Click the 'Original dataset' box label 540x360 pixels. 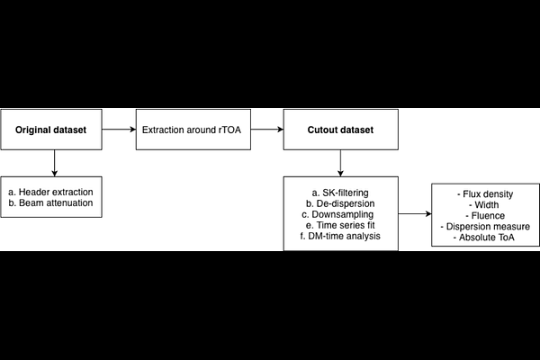(50, 130)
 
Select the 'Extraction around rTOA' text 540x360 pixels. (192, 130)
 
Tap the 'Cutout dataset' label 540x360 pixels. (340, 130)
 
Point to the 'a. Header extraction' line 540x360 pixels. (50, 192)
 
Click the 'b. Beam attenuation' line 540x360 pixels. (50, 202)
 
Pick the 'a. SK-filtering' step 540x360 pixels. (340, 193)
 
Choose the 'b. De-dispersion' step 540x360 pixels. (340, 203)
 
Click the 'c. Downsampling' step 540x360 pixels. (337, 214)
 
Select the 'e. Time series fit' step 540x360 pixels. (340, 225)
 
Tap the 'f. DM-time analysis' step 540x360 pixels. (340, 236)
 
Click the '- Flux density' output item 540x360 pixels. (485, 194)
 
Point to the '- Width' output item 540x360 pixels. (484, 205)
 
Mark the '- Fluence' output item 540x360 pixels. (485, 216)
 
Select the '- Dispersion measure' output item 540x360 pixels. (485, 227)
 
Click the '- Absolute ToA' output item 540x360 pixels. (484, 238)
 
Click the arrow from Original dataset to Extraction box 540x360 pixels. (119, 130)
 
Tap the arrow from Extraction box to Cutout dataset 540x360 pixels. (267, 130)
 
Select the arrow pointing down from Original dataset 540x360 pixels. (54, 163)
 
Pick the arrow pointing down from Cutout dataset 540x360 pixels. (340, 163)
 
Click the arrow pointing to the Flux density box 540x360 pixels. (415, 213)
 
